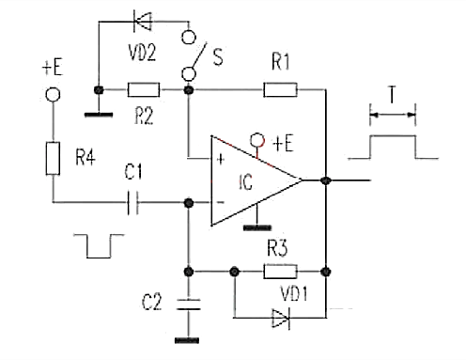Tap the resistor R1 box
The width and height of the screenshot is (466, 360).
(280, 90)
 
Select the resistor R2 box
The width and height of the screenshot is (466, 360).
(144, 90)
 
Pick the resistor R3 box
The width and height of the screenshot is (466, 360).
(279, 272)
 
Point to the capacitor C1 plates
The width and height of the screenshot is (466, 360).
(132, 201)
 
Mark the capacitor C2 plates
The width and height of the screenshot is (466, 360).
(189, 303)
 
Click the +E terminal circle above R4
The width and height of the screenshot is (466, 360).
(52, 96)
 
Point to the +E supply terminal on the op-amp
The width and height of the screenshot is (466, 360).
(255, 142)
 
